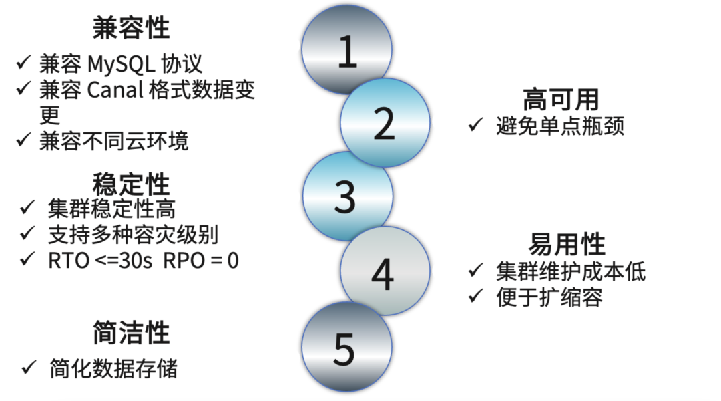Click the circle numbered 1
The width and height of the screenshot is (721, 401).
pos(346,51)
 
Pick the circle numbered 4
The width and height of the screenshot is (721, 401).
pos(383,273)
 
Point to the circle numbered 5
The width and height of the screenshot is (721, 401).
pos(345,347)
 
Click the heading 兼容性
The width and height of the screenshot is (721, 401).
pos(131,27)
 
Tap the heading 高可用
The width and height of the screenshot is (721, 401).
pos(561,100)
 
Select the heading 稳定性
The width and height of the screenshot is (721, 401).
pos(131,184)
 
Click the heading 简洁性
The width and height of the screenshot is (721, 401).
pos(131,333)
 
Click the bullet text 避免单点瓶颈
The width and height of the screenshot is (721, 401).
pos(560,126)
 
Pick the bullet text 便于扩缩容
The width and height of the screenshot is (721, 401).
pos(549,297)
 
